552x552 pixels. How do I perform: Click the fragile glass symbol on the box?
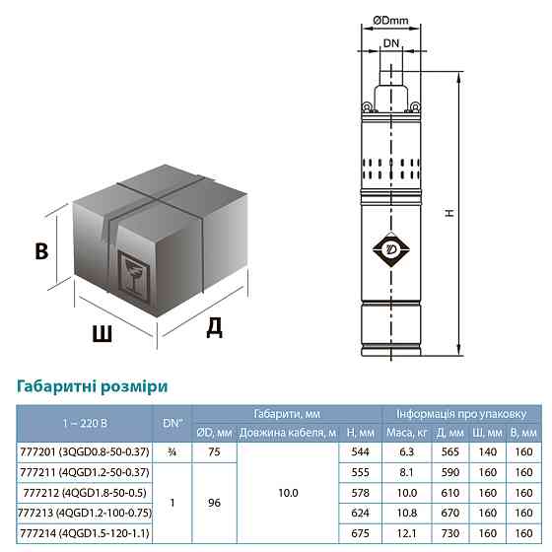(130, 270)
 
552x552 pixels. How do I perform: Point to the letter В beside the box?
(40, 251)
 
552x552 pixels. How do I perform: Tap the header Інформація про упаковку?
(461, 413)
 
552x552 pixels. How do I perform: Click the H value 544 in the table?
(362, 452)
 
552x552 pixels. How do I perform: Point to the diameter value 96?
(214, 502)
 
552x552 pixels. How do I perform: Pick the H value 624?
(362, 512)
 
